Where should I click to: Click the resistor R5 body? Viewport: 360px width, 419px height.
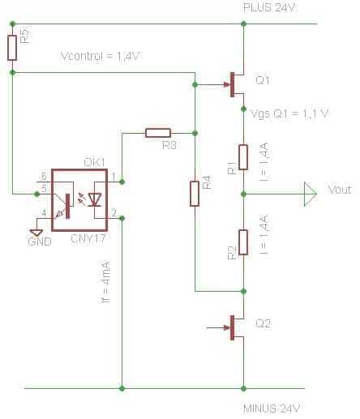[x=12, y=48]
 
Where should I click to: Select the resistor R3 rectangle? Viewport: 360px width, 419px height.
[x=158, y=133]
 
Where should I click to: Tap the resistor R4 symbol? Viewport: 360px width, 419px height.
[x=195, y=194]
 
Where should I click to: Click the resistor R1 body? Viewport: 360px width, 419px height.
[x=243, y=157]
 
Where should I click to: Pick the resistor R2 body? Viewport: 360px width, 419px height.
[x=243, y=242]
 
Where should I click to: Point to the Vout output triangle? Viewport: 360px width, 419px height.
[x=310, y=194]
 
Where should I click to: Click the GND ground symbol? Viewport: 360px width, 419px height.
[x=36, y=233]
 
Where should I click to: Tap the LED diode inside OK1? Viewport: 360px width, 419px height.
[x=95, y=200]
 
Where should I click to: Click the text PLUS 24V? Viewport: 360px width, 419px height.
[x=269, y=7]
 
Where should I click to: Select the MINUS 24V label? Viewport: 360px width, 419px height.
[x=272, y=408]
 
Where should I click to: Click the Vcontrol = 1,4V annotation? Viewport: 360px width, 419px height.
[x=100, y=56]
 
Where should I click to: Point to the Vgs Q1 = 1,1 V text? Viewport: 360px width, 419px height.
[x=289, y=113]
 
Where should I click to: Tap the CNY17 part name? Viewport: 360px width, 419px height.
[x=88, y=238]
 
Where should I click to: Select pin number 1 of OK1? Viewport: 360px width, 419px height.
[x=114, y=177]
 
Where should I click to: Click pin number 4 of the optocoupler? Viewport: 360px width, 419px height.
[x=44, y=213]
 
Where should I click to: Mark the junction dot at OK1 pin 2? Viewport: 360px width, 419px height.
[x=122, y=218]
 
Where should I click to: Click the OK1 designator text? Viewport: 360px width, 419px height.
[x=94, y=162]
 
